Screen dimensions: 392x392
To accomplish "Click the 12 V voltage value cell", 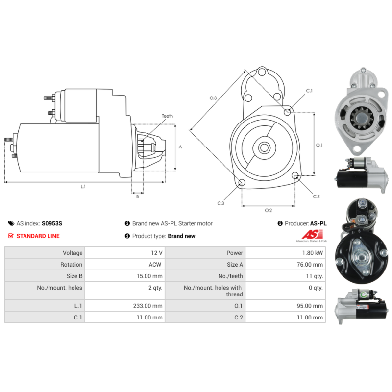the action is pyautogui.click(x=156, y=253).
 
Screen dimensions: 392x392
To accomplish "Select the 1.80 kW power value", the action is pyautogui.click(x=313, y=253).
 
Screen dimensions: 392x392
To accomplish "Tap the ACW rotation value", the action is pyautogui.click(x=155, y=265).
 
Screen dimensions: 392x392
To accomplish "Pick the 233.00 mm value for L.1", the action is pyautogui.click(x=148, y=306).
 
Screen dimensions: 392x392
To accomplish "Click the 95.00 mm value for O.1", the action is pyautogui.click(x=310, y=306).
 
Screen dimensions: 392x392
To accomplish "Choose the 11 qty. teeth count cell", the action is pyautogui.click(x=315, y=276).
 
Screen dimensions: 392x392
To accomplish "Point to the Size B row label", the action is pyautogui.click(x=74, y=276).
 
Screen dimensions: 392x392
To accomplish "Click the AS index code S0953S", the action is pyautogui.click(x=52, y=223).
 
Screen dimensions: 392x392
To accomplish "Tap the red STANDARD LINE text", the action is pyautogui.click(x=38, y=236).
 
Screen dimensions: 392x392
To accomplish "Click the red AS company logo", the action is pyautogui.click(x=312, y=235).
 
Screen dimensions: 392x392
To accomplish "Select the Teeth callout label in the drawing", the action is pyautogui.click(x=167, y=116).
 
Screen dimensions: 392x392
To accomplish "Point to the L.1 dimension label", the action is pyautogui.click(x=83, y=187).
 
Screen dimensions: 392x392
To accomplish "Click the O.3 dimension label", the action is pyautogui.click(x=213, y=98).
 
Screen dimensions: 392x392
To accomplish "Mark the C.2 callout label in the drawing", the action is pyautogui.click(x=316, y=196).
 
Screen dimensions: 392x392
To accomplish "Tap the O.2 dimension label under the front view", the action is pyautogui.click(x=268, y=210).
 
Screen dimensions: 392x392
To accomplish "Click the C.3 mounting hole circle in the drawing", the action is pyautogui.click(x=242, y=182).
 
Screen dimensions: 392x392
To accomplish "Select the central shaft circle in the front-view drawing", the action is pyautogui.click(x=264, y=147).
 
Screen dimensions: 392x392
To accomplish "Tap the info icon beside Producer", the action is pyautogui.click(x=280, y=223).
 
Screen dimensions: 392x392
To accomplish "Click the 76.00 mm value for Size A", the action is pyautogui.click(x=310, y=265).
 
